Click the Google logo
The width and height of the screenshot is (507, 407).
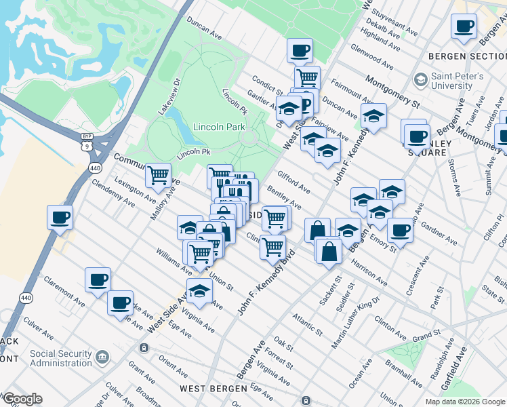point(22,399)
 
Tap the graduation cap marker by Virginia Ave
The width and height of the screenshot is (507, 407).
point(199,290)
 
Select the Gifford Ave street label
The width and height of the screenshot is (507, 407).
point(293,181)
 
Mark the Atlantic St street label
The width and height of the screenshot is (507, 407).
point(308,325)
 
